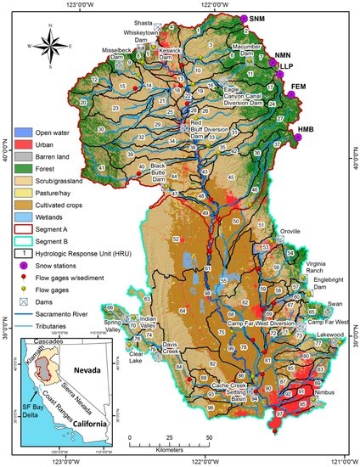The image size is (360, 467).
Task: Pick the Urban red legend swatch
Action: point(24,145)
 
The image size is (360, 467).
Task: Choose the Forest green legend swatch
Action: point(24,169)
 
